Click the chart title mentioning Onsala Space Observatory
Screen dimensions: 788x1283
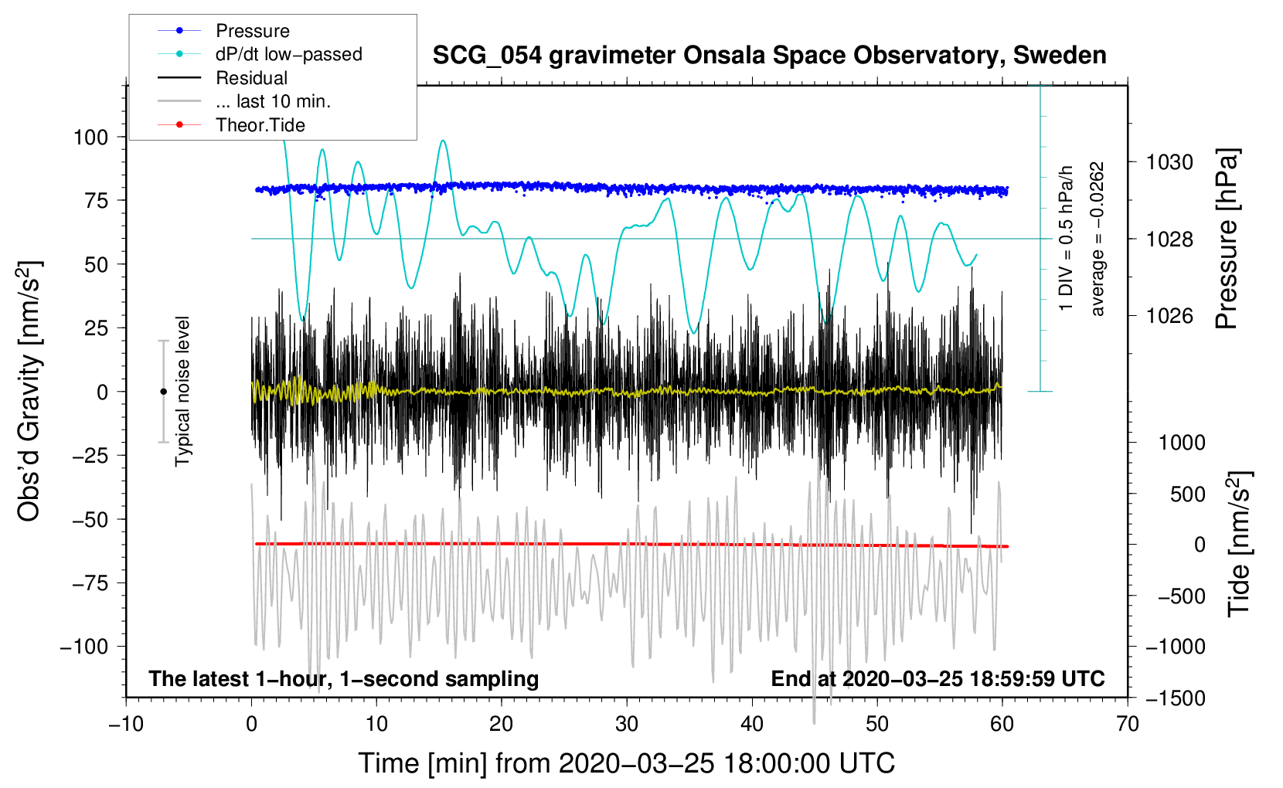[x=769, y=56]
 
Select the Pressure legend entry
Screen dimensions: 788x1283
[x=252, y=31]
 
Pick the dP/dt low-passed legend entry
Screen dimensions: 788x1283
[x=288, y=54]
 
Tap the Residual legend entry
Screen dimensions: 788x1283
[x=251, y=78]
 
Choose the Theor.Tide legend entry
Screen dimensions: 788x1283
[x=260, y=125]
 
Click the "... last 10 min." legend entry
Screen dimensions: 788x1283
[x=273, y=101]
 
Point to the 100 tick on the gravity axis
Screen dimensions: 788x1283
[x=90, y=138]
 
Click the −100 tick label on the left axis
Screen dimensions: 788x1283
[x=84, y=647]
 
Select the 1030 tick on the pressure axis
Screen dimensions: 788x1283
[x=1169, y=162]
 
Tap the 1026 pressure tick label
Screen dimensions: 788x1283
[x=1169, y=316]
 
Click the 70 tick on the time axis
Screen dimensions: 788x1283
[x=1128, y=724]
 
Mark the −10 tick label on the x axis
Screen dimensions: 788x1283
[x=126, y=724]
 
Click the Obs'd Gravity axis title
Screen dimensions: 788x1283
[x=29, y=392]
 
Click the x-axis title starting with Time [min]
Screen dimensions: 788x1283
[x=626, y=763]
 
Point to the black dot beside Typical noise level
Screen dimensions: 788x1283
[x=163, y=392]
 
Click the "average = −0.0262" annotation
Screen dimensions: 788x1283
[x=1098, y=239]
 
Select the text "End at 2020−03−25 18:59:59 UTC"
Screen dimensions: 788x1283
[x=938, y=679]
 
